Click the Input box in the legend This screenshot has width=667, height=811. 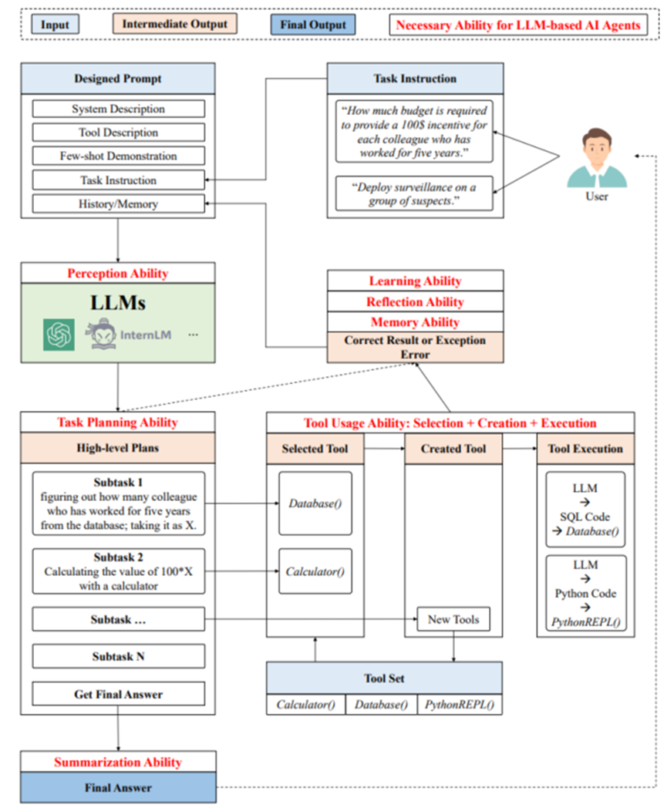pyautogui.click(x=56, y=25)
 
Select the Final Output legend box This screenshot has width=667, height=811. pyautogui.click(x=312, y=25)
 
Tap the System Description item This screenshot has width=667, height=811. pyautogui.click(x=118, y=109)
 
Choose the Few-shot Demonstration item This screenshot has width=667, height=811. pyautogui.click(x=118, y=156)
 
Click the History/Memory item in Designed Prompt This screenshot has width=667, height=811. pyautogui.click(x=118, y=204)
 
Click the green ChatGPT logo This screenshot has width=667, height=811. pyautogui.click(x=59, y=335)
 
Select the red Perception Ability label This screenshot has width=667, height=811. pyautogui.click(x=118, y=274)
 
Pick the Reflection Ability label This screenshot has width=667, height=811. pyautogui.click(x=415, y=301)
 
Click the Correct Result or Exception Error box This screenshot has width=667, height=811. pyautogui.click(x=415, y=347)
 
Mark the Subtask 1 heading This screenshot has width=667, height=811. pyautogui.click(x=118, y=483)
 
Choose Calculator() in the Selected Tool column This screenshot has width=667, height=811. pyautogui.click(x=315, y=571)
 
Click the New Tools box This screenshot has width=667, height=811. pyautogui.click(x=453, y=619)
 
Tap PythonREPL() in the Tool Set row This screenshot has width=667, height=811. pyautogui.click(x=460, y=704)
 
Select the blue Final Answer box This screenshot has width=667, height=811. pyautogui.click(x=118, y=788)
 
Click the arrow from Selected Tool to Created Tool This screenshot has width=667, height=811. pyautogui.click(x=384, y=448)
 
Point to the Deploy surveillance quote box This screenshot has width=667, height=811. pyautogui.click(x=414, y=193)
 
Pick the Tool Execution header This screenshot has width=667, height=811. pyautogui.click(x=585, y=449)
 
